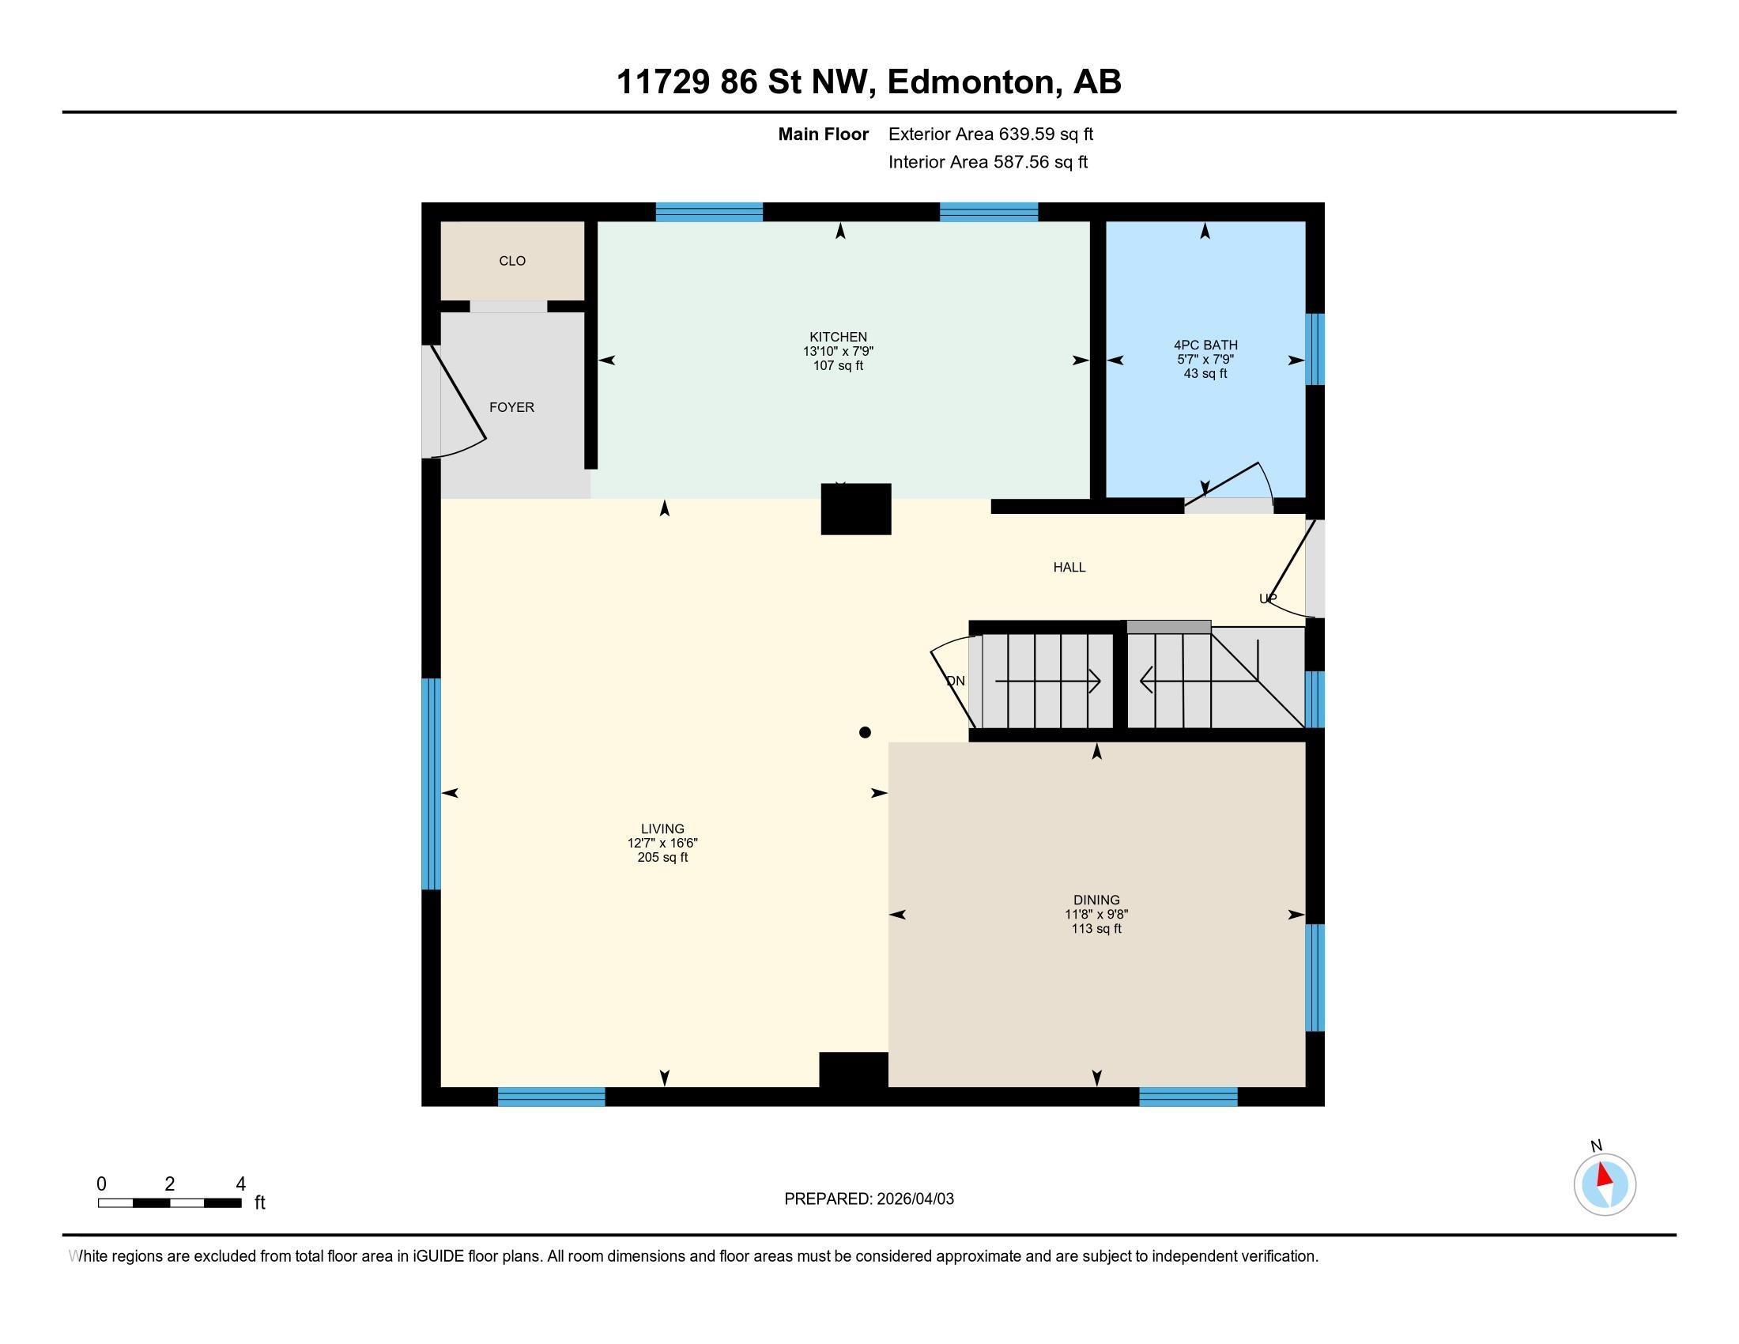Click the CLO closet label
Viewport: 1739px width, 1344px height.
(512, 261)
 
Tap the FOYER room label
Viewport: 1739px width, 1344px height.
(511, 408)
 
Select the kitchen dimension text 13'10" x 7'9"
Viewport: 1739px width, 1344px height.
(839, 351)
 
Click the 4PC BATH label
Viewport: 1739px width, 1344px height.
(1205, 345)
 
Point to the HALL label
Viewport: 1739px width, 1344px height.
(1069, 568)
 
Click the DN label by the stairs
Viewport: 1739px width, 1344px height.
(956, 681)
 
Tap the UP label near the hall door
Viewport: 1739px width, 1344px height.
(1268, 598)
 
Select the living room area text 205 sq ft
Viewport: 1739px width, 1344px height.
(662, 858)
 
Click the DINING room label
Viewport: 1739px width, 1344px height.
(1096, 900)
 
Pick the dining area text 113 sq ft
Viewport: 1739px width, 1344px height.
(1096, 929)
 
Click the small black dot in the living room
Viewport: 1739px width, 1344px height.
(865, 733)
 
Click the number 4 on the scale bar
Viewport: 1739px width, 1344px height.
(240, 1184)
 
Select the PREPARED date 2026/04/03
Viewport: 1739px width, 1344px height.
(915, 1199)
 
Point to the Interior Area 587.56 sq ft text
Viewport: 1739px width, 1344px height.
(988, 162)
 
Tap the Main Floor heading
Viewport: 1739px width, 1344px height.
(824, 134)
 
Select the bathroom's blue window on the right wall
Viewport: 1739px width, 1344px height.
(1315, 349)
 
